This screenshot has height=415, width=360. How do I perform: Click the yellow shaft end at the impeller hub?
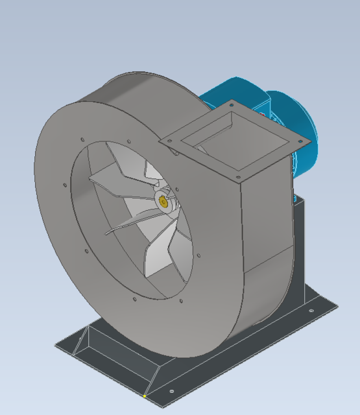163,202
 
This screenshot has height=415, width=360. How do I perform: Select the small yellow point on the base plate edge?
145,396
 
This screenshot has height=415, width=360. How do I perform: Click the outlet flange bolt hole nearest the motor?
232,103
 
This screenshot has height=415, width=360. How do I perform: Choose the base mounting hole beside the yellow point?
171,391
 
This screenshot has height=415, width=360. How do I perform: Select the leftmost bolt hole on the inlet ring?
65,185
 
